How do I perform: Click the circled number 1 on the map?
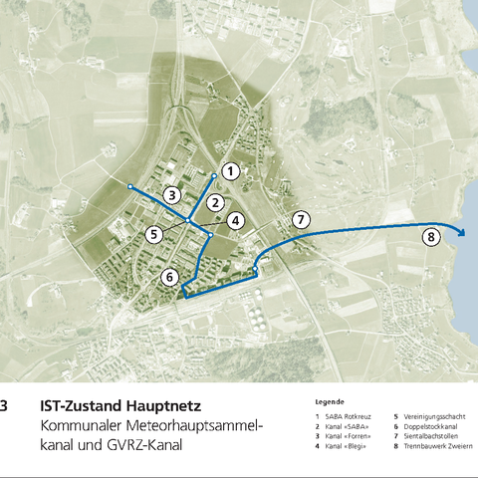230,171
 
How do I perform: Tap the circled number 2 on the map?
214,202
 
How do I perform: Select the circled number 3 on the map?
172,194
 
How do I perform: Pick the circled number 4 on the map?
236,220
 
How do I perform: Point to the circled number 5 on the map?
152,235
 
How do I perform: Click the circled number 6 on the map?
169,277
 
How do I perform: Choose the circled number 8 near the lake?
430,237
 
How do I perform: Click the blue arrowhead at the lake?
463,231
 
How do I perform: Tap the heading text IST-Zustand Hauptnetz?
120,406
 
